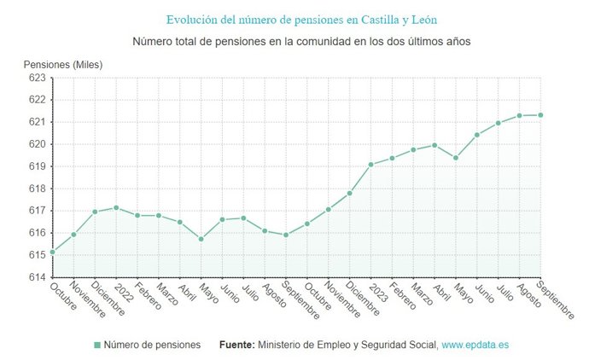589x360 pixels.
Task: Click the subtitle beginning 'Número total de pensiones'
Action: (x=301, y=41)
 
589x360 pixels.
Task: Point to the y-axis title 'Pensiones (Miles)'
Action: (x=63, y=65)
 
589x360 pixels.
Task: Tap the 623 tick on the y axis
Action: (x=37, y=78)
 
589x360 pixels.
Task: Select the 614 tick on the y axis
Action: (x=37, y=277)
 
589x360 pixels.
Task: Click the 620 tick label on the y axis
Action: (x=37, y=144)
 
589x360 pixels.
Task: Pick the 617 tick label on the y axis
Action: (x=37, y=211)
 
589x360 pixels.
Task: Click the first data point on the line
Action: (x=53, y=252)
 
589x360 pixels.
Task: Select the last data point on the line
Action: (x=540, y=115)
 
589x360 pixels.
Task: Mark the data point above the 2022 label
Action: (x=116, y=207)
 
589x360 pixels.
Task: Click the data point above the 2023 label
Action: (x=370, y=165)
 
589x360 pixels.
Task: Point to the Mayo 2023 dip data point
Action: (x=456, y=158)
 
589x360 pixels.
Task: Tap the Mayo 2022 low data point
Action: (x=201, y=239)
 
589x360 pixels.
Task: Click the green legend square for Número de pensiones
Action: (x=96, y=345)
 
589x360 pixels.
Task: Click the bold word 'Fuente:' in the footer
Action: (x=236, y=345)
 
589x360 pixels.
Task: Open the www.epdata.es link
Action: (x=475, y=345)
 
